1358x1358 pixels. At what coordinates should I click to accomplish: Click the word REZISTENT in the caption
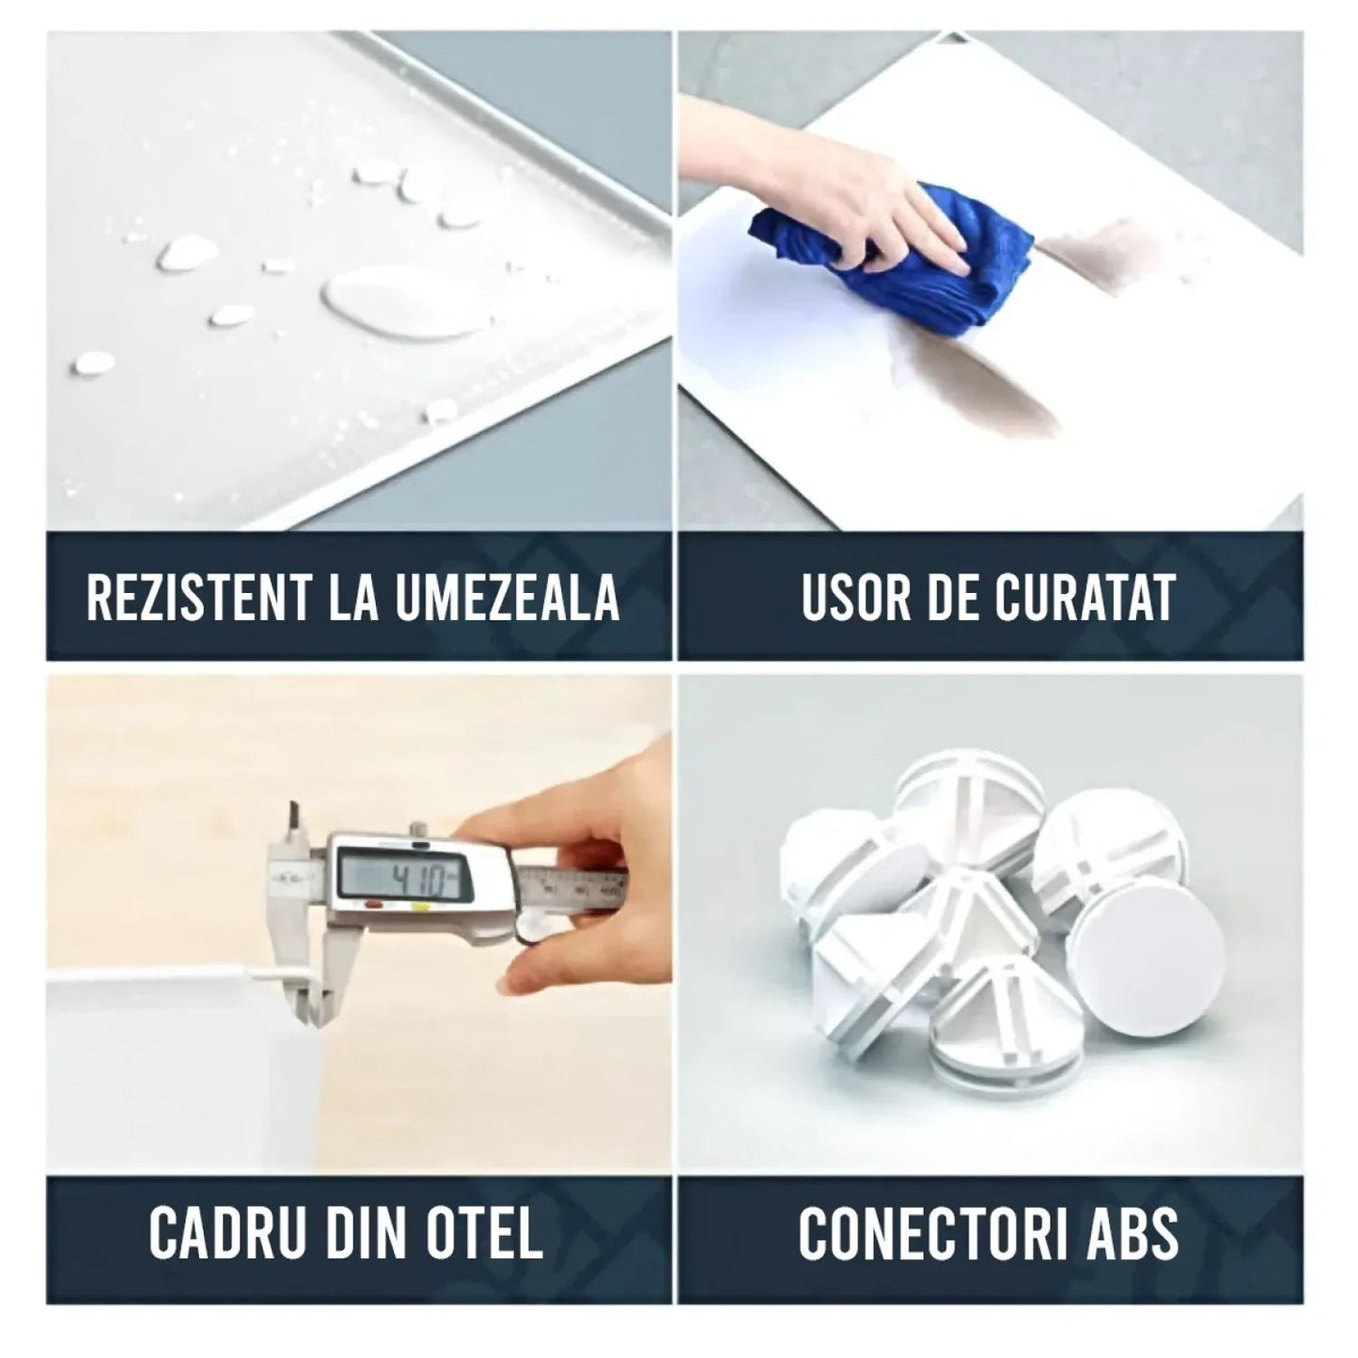[x=198, y=597]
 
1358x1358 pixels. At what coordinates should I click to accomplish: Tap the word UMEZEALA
[x=506, y=597]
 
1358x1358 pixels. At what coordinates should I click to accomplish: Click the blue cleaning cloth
[x=892, y=258]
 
